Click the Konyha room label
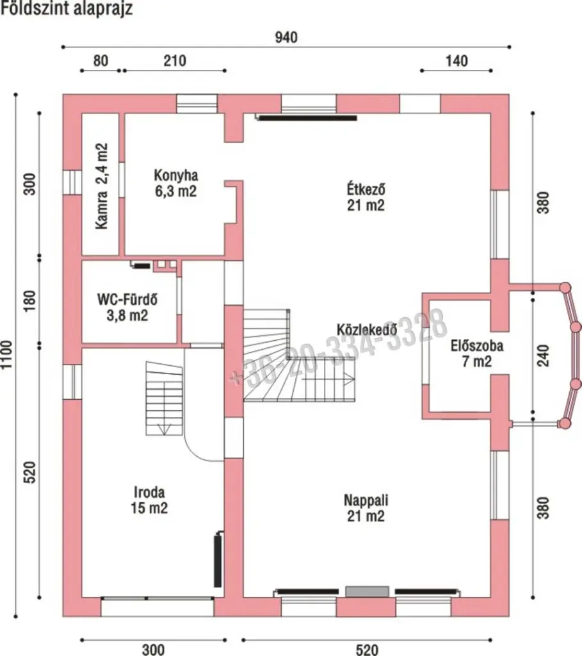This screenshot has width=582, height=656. [176, 183]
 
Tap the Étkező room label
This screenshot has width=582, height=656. [366, 197]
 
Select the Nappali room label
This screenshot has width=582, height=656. [366, 508]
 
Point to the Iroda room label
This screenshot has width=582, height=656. [149, 500]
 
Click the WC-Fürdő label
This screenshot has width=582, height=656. [127, 307]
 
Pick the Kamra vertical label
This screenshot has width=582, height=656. [102, 186]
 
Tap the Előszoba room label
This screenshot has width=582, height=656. [477, 354]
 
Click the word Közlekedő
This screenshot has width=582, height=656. [367, 329]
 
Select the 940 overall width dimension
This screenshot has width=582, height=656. [286, 38]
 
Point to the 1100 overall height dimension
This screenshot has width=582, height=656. [6, 355]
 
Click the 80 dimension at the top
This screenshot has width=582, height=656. [101, 61]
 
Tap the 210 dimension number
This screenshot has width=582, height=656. [175, 61]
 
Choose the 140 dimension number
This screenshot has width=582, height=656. [457, 61]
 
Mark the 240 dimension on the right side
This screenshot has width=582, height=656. [543, 356]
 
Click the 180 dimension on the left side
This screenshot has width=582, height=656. [29, 301]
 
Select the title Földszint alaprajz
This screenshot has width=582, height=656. [67, 8]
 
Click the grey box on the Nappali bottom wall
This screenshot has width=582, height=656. [367, 591]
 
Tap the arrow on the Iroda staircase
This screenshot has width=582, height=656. [164, 429]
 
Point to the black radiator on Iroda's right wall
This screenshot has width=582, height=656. [218, 559]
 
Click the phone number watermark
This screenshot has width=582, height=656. [339, 349]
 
